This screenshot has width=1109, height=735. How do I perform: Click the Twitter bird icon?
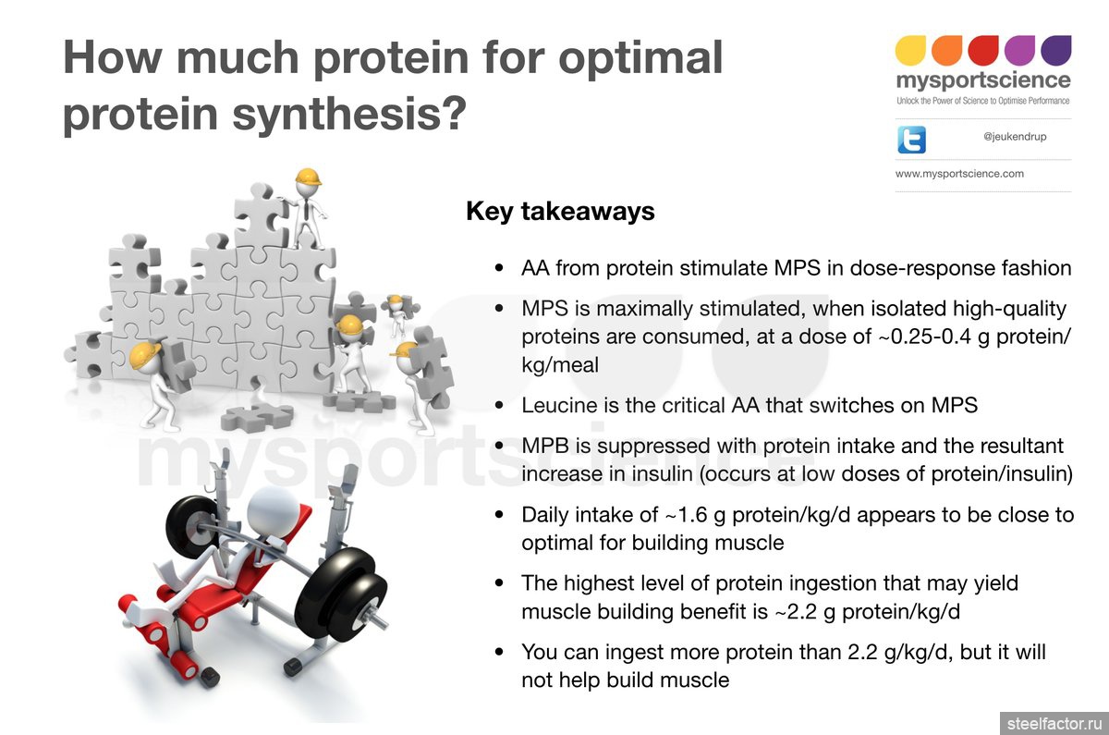point(911,140)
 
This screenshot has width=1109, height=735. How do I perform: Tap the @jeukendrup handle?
point(1015,137)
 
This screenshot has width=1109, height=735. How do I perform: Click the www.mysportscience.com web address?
point(959,174)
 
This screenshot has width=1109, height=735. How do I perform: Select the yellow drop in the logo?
point(910,50)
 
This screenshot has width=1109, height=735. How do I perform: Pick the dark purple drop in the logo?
point(1056,50)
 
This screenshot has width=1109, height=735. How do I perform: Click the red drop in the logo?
point(983,50)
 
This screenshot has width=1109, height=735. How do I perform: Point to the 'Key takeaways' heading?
point(560,212)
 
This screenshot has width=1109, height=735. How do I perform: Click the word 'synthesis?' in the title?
point(349,113)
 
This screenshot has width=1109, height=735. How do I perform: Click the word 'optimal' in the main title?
point(640,58)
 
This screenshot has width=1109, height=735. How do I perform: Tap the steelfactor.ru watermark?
point(1054,724)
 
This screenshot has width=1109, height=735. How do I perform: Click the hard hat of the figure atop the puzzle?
point(308,177)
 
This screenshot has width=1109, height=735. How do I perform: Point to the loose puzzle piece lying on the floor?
point(257,417)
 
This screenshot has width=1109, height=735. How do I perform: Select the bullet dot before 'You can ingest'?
point(499,652)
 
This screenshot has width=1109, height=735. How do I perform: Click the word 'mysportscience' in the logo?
point(983,80)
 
